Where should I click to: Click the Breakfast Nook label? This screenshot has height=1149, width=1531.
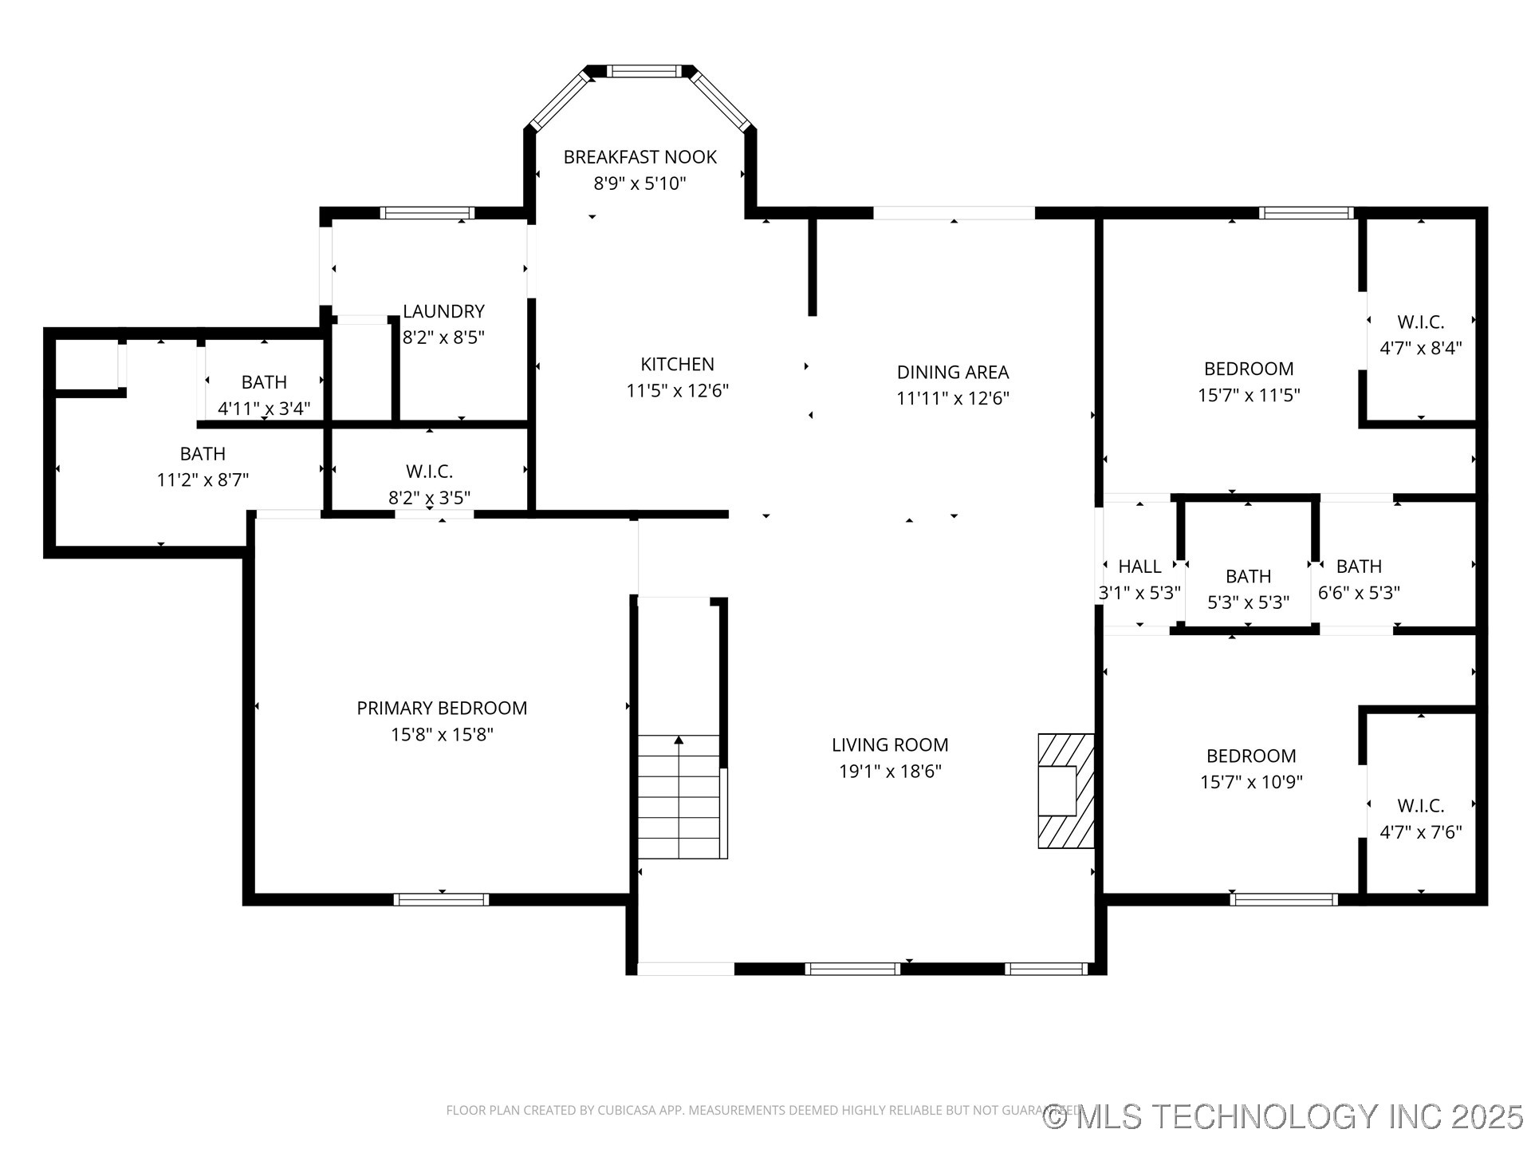[640, 157]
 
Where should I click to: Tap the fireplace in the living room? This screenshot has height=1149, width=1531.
[1065, 791]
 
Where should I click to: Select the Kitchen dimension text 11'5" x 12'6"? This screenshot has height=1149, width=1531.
[677, 391]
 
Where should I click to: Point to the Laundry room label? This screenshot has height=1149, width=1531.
[443, 311]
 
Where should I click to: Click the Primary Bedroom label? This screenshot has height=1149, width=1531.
[442, 708]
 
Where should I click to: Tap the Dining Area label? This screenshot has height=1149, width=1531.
[953, 372]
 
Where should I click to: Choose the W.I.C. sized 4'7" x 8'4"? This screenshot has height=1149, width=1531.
[1420, 334]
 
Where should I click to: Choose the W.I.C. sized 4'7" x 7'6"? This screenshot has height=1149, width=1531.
[1420, 819]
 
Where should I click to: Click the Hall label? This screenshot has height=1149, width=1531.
[1139, 567]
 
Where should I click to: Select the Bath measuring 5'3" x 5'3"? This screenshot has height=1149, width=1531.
[1248, 589]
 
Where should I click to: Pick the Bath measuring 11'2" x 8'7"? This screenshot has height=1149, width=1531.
[203, 466]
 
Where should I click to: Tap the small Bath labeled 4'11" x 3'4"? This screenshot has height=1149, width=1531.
[264, 395]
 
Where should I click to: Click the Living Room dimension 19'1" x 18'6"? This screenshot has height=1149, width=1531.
[890, 772]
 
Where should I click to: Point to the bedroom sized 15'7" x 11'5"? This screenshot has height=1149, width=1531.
[1249, 381]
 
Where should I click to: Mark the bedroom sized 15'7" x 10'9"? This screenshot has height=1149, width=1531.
[1251, 768]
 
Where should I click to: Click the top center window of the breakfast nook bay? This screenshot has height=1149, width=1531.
[644, 71]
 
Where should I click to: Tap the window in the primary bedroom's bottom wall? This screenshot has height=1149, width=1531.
[441, 899]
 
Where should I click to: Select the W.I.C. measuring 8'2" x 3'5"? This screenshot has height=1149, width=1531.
[429, 484]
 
